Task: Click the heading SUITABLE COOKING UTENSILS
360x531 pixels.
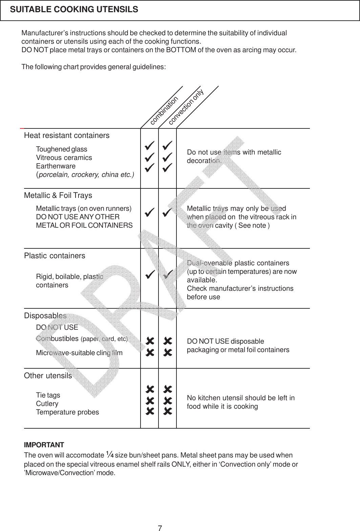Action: pos(74,9)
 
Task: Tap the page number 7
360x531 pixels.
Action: pos(160,528)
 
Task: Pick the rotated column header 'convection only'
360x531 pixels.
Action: pos(186,107)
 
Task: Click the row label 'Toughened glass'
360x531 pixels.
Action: pos(61,149)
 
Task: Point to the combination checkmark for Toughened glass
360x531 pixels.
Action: pos(149,146)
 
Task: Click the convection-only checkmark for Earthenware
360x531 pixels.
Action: pos(167,167)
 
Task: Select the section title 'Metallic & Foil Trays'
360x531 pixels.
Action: pos(58,196)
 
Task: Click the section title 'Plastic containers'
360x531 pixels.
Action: pos(55,256)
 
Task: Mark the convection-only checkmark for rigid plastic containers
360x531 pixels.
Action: pos(167,275)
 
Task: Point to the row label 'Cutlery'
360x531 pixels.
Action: pos(47,404)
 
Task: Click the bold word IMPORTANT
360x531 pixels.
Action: pos(44,445)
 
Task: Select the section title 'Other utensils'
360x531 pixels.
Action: pos(48,376)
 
